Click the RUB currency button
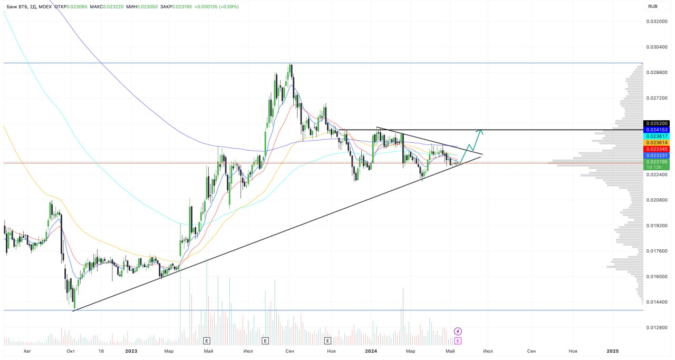tap(652, 7)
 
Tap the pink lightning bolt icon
tap(458, 331)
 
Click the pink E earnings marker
tap(458, 340)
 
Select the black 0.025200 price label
tap(657, 123)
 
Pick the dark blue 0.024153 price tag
tap(657, 130)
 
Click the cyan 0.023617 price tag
tap(657, 136)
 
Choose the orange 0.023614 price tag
tap(657, 143)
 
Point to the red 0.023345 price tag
tap(657, 149)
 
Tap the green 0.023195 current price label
tap(657, 162)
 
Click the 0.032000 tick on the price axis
tap(657, 22)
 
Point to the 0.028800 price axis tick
tap(657, 73)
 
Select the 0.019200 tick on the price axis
tap(657, 226)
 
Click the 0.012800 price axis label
tap(657, 328)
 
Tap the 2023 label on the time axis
tap(131, 351)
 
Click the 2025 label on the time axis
tap(612, 351)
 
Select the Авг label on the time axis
tap(27, 351)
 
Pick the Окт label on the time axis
tap(70, 351)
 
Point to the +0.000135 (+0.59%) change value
tap(216, 7)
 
